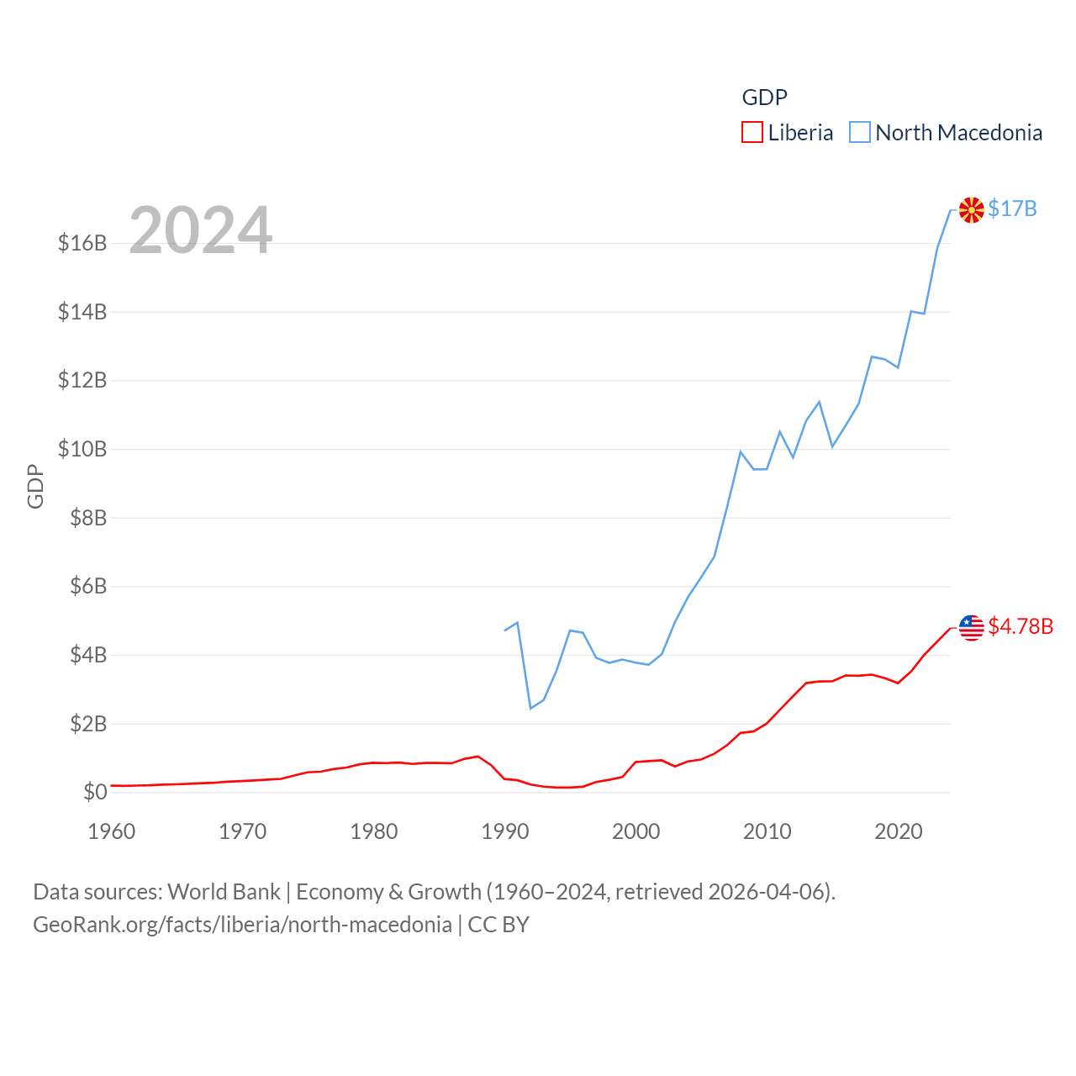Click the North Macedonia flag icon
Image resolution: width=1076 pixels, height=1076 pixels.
971,209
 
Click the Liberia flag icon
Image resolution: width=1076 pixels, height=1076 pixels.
971,627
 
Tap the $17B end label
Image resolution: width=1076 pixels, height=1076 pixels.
1012,208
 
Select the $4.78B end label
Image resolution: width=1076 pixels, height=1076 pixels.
1021,626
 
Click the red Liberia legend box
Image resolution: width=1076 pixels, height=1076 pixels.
752,133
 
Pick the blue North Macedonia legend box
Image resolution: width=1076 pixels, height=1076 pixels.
859,133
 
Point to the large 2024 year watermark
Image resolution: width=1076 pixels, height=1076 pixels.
200,230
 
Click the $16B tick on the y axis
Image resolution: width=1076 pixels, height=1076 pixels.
82,243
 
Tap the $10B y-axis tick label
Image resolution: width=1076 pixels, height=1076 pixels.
82,449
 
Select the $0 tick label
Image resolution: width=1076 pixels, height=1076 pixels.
95,792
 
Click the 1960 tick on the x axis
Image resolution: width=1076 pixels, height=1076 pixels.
112,831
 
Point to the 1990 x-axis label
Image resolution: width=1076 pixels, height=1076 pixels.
504,831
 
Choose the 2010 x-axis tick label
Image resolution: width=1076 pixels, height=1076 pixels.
767,831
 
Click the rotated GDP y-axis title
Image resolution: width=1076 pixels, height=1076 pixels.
35,486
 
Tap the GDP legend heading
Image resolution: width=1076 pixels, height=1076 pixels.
764,98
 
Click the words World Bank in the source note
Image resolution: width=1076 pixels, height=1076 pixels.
224,891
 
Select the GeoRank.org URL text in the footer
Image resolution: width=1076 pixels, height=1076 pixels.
242,925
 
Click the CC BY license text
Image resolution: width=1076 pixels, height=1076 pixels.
498,925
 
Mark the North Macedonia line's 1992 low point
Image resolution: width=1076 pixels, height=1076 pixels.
530,708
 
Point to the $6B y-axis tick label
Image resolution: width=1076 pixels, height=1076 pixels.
88,586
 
